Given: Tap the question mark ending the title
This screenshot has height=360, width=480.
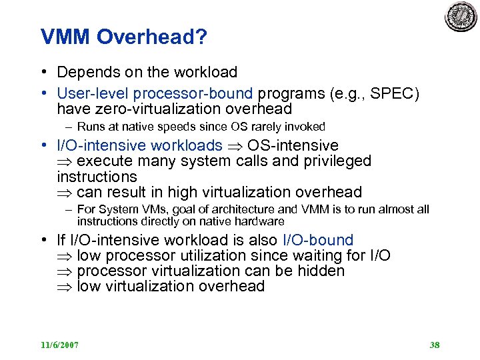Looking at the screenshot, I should (201, 37).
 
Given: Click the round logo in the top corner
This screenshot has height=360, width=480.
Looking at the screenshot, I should (461, 16).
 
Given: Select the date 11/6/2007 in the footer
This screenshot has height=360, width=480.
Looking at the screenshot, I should (60, 345).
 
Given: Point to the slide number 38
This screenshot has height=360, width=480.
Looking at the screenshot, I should (435, 345).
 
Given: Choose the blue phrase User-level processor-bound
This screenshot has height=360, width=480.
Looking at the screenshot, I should (155, 93).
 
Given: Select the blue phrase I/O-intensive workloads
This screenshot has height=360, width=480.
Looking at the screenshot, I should (139, 145).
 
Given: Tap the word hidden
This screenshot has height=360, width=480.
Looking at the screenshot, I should (322, 271).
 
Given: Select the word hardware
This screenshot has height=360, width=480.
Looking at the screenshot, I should (259, 221).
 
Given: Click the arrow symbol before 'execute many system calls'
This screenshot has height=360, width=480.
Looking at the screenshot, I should (65, 161).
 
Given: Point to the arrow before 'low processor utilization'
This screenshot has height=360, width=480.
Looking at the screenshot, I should (65, 256).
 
